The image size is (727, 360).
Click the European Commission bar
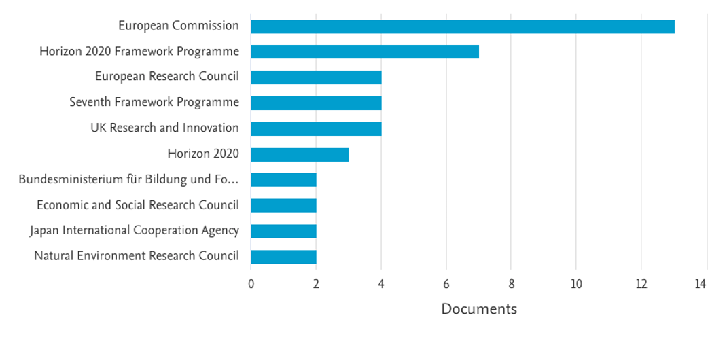coord(462,26)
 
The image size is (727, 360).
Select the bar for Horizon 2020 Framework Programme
coord(365,52)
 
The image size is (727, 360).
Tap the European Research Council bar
coord(316,77)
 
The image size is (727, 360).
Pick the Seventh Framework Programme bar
coord(316,103)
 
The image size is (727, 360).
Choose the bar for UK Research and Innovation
coord(316,128)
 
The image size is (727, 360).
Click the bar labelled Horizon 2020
coord(300,154)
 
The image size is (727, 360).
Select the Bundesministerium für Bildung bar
coord(283,180)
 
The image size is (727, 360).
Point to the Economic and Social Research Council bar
coord(283,205)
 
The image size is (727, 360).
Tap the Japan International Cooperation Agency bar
coord(283,231)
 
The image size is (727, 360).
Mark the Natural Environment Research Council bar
coord(283,257)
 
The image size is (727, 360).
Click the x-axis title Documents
coord(479,309)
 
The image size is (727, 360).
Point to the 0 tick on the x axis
coord(251,284)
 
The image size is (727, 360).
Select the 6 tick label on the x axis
coord(446,284)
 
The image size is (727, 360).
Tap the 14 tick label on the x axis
coord(701,284)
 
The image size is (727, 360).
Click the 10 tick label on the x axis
coord(576,284)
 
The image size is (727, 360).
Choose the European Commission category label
coord(179,26)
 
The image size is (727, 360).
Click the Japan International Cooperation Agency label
coord(135,231)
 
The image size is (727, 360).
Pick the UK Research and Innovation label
coord(164,128)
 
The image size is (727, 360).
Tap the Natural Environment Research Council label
coord(137,256)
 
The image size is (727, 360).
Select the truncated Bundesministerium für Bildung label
coord(129,179)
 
